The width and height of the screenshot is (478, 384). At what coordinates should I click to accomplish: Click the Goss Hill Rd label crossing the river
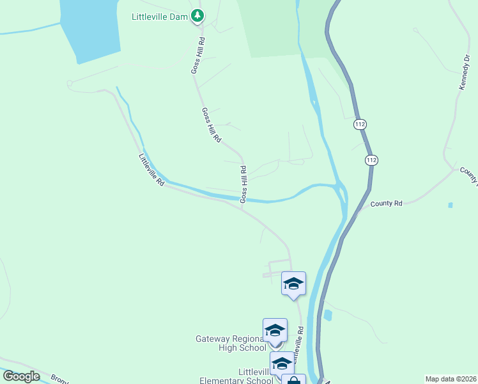pos(243,185)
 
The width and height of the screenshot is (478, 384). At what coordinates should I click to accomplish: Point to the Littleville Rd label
pos(151,170)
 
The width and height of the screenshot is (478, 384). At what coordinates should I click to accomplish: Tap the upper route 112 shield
pos(360,124)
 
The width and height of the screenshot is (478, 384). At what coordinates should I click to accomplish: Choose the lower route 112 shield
pos(371,159)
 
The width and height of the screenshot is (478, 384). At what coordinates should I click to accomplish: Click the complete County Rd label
pos(387,204)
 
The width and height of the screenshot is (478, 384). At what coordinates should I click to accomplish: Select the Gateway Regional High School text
pos(231,343)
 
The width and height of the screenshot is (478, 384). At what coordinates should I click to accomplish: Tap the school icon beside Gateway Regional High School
pos(275,331)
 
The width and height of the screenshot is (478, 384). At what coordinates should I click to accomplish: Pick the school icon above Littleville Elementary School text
pos(282,363)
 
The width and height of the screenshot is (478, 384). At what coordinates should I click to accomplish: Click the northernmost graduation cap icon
pos(293,284)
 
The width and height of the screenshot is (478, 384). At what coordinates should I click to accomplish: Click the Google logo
pos(21,376)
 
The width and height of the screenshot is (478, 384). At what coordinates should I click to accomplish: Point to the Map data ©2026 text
pos(451,379)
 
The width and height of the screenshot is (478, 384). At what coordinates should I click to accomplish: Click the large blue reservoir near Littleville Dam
pos(89,29)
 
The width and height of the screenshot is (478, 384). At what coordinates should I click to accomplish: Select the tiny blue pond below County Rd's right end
pos(451,205)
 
